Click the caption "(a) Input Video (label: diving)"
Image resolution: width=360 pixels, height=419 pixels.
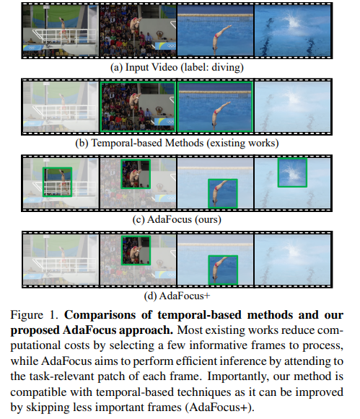click(177, 67)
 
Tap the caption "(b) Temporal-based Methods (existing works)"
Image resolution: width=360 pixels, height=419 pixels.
click(177, 144)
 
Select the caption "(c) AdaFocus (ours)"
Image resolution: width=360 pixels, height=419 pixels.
click(177, 219)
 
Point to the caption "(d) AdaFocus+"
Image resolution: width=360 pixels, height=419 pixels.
click(177, 296)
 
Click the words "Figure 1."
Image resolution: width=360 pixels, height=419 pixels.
click(34, 315)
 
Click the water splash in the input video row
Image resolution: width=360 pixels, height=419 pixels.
click(293, 22)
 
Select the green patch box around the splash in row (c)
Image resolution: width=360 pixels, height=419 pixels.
click(292, 172)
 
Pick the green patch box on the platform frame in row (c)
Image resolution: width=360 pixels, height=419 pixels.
click(57, 182)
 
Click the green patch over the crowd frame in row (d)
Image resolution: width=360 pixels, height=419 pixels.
click(136, 250)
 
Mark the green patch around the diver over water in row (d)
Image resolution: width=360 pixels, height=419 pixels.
click(223, 270)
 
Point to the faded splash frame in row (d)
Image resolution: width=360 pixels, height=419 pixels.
click(293, 260)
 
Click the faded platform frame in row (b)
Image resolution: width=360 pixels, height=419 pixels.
click(61, 107)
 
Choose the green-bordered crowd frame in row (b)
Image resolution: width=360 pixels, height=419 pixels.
click(138, 107)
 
